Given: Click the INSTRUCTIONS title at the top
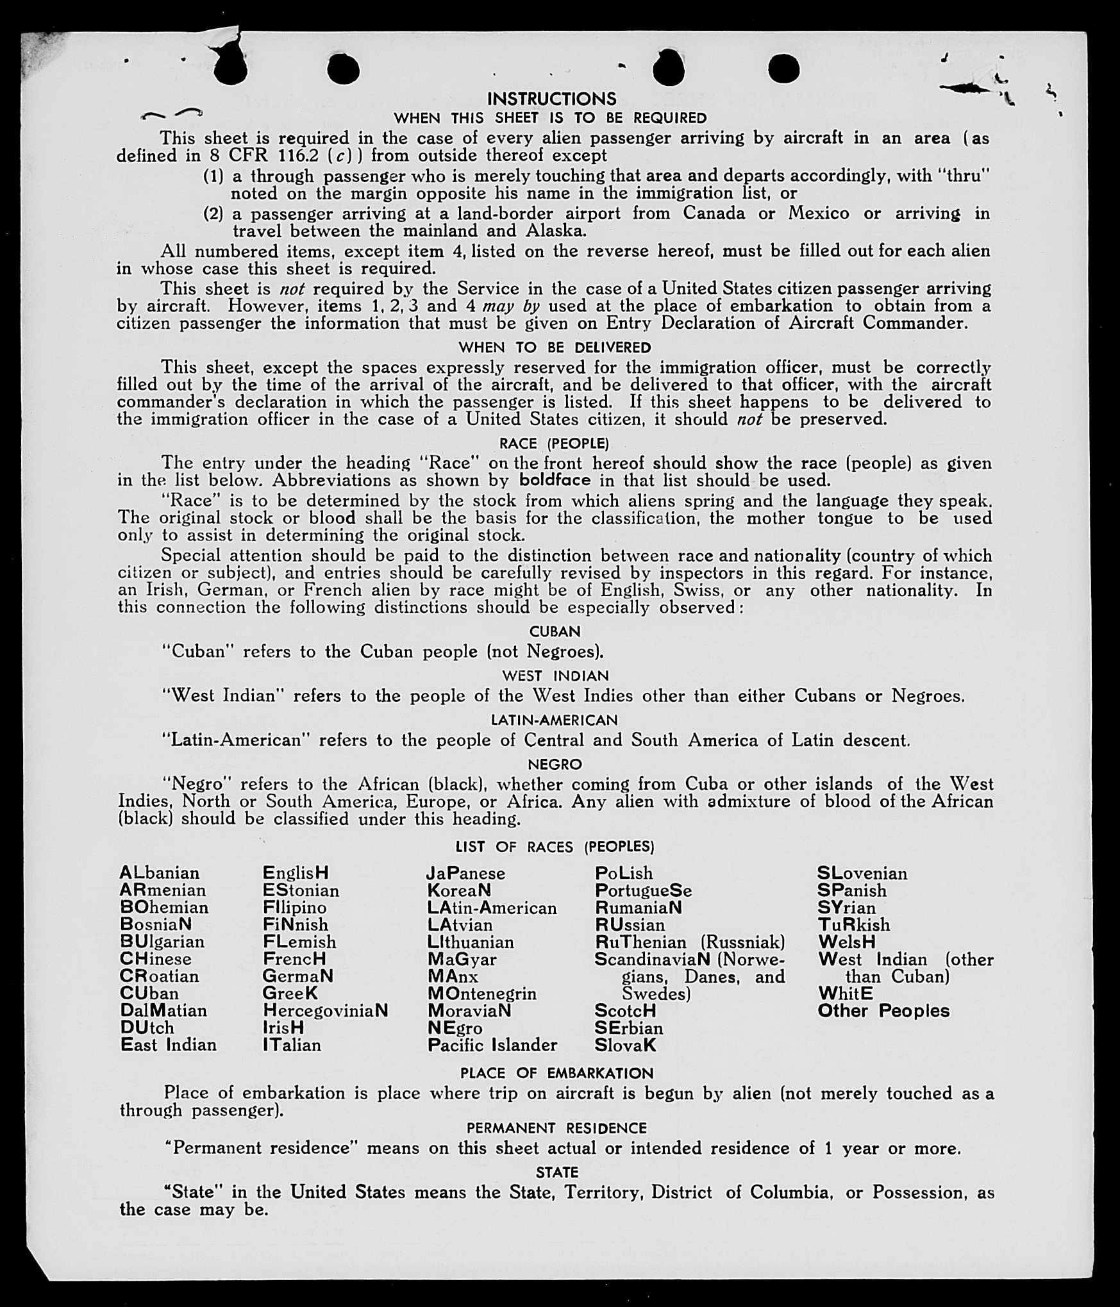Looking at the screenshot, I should [551, 99].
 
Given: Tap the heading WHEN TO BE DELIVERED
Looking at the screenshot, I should [555, 347].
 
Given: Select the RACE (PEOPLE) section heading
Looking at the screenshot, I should [554, 444].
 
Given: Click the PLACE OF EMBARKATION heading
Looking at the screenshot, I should [556, 1073].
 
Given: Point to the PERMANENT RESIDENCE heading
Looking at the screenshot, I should [556, 1128].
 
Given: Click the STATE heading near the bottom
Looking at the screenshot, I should [556, 1172].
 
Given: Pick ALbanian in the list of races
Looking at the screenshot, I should [159, 873].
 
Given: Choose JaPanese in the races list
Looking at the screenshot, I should [465, 874].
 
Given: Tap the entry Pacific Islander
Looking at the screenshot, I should [492, 1045].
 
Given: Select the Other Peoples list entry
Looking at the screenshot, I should [883, 1011].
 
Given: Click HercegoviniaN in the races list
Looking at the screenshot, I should [325, 1011].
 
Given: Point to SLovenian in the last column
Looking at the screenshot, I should [862, 874].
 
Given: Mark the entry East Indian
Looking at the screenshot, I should [169, 1045].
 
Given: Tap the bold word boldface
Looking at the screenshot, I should [554, 480].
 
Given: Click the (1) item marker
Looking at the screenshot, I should [213, 176].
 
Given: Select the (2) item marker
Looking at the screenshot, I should [213, 213].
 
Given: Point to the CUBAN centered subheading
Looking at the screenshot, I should [555, 631].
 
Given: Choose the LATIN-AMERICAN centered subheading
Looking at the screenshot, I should [554, 720].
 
